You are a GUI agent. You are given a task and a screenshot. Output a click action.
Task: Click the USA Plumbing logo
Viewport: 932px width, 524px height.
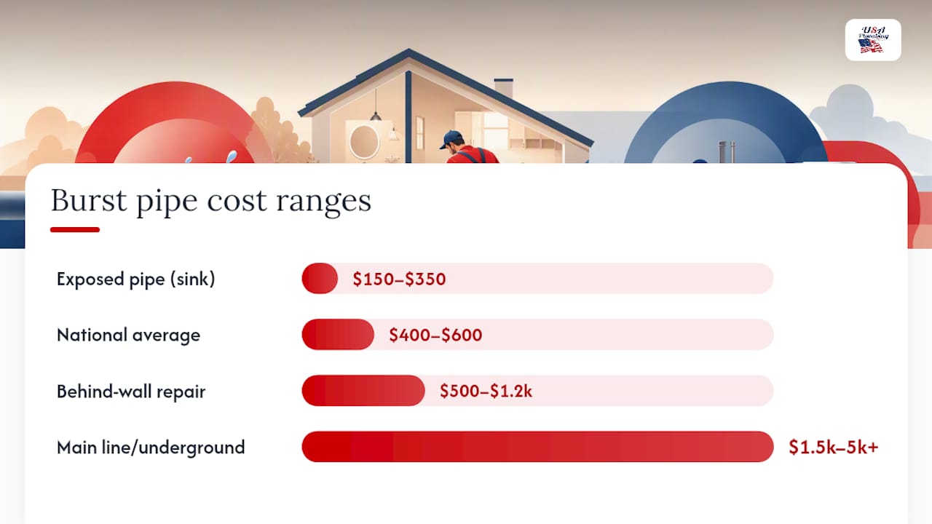pos(873,40)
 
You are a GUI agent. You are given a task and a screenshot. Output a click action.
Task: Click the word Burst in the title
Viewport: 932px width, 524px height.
pos(89,200)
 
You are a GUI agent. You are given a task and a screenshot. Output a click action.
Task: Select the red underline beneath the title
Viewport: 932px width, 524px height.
pos(75,229)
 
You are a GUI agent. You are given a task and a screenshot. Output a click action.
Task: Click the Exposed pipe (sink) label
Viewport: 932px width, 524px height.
pos(135,279)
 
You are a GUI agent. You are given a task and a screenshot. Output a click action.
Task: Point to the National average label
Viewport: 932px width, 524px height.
pos(128,336)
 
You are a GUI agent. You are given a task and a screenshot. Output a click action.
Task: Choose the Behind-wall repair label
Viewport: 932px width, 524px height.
pos(131,392)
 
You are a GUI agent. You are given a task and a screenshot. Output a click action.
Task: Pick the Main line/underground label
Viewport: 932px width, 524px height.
pos(151,448)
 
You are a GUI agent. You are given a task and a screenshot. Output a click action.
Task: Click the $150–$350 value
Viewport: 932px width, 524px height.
pos(399,279)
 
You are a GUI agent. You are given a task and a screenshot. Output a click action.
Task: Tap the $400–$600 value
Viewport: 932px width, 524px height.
pos(435,336)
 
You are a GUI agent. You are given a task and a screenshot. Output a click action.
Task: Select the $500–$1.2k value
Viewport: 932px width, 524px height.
pos(486,392)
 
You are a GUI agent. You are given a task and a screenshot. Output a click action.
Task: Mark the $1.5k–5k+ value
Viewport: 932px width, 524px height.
pos(834,447)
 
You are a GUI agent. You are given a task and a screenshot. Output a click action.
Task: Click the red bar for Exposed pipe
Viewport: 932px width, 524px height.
pos(320,278)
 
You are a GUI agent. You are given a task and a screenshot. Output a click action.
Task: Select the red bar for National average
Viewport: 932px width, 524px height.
pos(338,334)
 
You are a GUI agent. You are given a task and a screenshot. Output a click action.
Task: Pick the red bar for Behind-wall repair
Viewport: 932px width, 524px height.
pos(363,391)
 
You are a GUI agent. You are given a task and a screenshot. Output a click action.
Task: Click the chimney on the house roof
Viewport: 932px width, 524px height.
pos(503,88)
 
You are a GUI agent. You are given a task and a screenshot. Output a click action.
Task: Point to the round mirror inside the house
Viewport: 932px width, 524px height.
pos(364,141)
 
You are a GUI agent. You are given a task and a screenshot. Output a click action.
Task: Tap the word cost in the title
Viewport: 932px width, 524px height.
pos(237,202)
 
